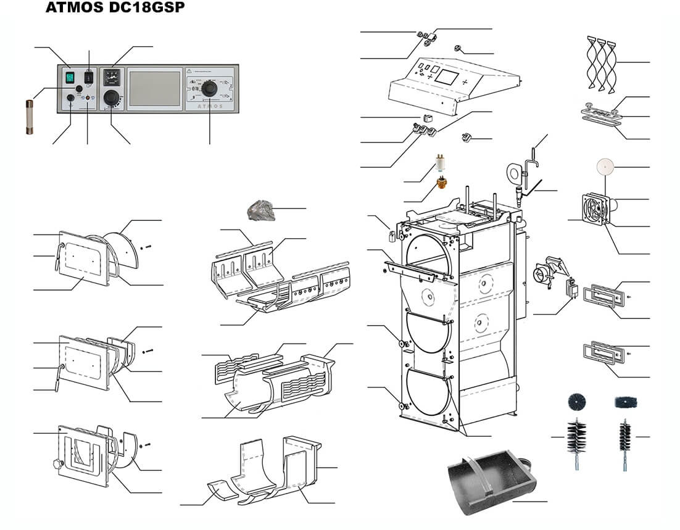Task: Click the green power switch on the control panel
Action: point(70,77)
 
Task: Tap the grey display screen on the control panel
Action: point(154,88)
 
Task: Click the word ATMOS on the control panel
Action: point(212,105)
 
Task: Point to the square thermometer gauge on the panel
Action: point(113,78)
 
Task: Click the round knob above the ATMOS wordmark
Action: point(210,89)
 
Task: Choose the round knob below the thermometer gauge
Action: point(112,97)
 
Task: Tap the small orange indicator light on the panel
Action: point(88,97)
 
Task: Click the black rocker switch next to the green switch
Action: point(89,77)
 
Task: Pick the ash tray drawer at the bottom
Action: point(491,478)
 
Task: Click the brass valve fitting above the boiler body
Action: point(442,183)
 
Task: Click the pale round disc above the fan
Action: point(607,167)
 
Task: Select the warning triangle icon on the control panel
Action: point(190,71)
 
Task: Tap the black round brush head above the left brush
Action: point(576,402)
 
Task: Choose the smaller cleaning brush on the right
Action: point(625,438)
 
